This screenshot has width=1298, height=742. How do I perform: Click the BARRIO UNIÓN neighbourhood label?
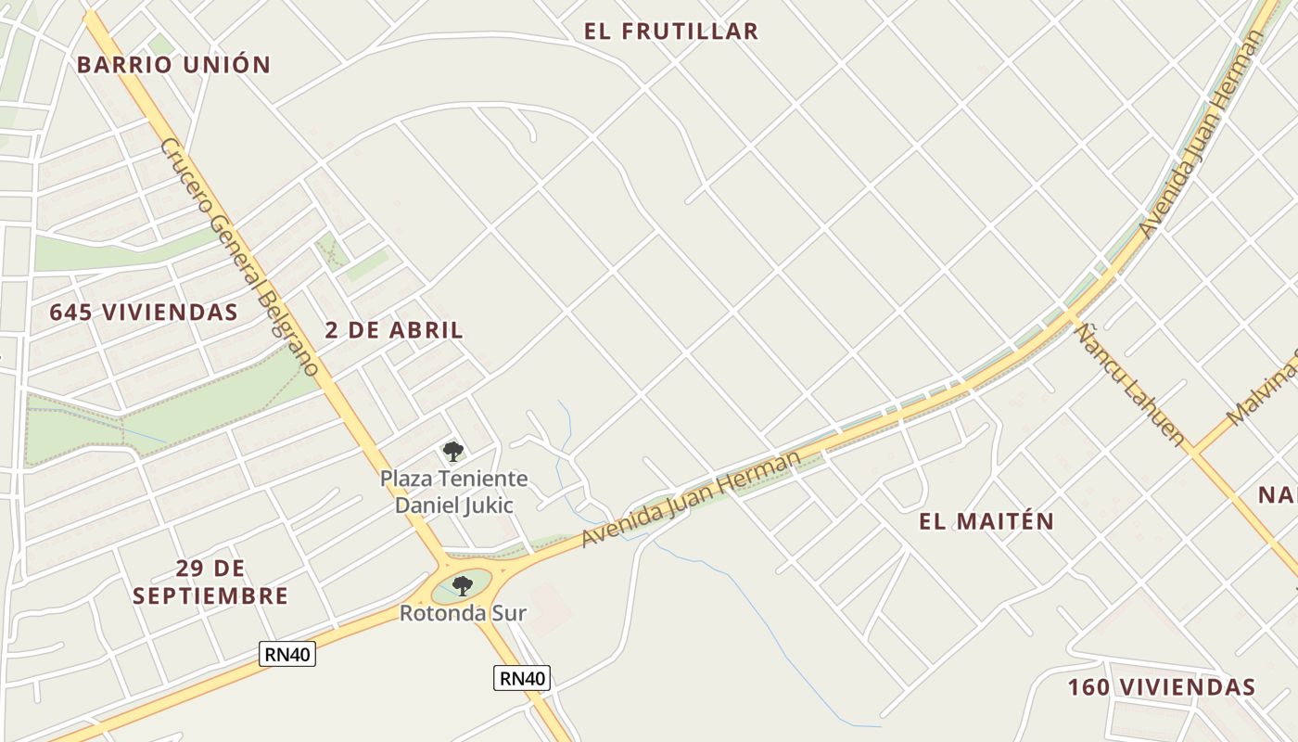point(173,65)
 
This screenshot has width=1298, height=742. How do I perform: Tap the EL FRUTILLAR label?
point(671,32)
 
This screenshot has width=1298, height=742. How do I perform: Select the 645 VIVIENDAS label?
point(144,313)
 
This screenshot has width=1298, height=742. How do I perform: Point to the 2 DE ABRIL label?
point(394,330)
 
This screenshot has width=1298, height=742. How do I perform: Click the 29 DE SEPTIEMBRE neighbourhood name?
point(210,582)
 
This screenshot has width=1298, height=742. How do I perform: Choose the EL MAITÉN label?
point(986,521)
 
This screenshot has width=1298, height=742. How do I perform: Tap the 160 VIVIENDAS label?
point(1161,687)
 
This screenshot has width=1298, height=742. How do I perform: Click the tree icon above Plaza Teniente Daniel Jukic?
point(453,452)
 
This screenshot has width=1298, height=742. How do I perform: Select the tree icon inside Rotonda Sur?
point(463,585)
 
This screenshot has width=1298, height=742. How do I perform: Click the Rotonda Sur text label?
point(463,613)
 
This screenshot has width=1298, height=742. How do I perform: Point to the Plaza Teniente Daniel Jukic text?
point(454,492)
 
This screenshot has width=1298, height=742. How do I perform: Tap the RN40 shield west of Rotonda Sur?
point(287,654)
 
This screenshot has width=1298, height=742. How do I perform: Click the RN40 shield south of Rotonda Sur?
point(522,678)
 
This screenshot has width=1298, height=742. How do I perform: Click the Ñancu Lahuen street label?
point(1131,381)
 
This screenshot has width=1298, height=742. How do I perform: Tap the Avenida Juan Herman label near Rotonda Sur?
point(690,500)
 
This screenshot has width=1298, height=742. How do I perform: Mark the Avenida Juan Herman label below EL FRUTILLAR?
point(1202,135)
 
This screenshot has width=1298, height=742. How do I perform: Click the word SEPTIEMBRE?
point(210,595)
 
